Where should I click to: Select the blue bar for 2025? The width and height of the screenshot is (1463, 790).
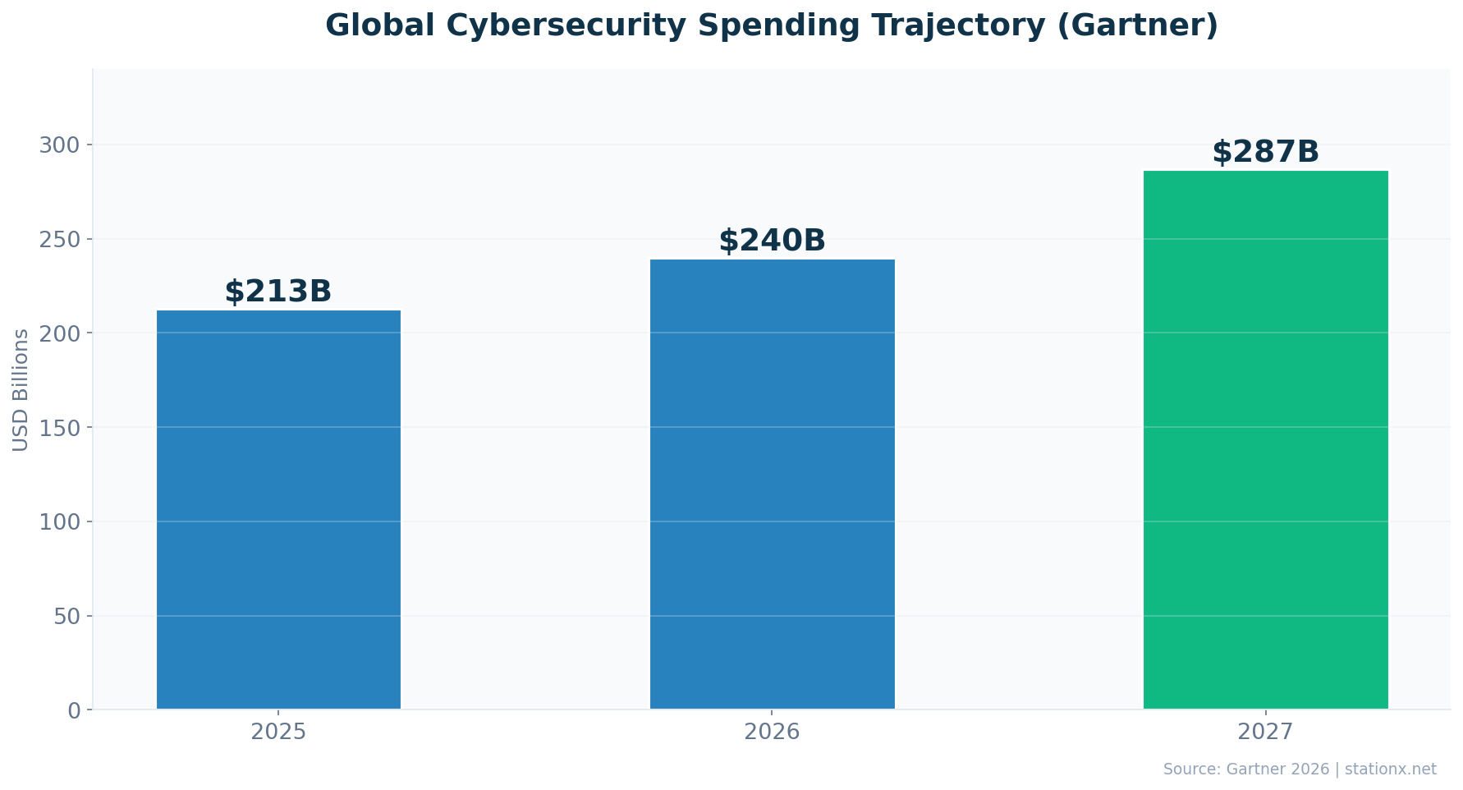[x=278, y=509]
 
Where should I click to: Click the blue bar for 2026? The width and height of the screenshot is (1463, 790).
[x=772, y=485]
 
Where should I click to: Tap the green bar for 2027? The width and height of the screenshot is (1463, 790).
[x=1265, y=439]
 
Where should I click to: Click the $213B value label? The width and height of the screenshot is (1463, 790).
[x=278, y=292]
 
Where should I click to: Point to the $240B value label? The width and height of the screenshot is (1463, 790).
[x=772, y=241]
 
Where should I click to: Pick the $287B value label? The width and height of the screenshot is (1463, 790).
[x=1265, y=152]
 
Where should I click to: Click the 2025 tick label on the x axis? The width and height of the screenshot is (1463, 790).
[x=278, y=732]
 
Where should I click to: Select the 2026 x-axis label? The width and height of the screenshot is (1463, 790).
[x=772, y=732]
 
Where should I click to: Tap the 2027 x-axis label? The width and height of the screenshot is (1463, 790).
[x=1265, y=732]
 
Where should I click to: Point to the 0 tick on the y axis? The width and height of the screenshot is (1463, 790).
[x=74, y=710]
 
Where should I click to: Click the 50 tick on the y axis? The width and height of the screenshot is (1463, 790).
[x=67, y=616]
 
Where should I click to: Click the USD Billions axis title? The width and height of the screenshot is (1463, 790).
[x=21, y=389]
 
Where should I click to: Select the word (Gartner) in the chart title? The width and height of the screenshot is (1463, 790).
[x=1137, y=25]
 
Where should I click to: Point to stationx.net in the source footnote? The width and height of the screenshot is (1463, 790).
[x=1390, y=769]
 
